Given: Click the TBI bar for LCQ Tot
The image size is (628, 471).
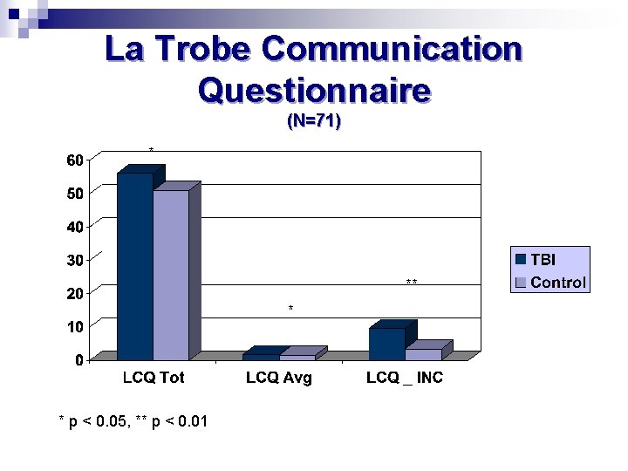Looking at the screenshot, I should point(134,266).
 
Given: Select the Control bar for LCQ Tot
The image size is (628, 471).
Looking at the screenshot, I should point(171,275).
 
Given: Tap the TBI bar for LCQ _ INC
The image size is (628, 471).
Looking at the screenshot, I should point(386,344).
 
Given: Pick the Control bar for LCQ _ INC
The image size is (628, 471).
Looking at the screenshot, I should point(423,354).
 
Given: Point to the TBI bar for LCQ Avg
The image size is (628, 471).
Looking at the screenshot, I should point(261,357).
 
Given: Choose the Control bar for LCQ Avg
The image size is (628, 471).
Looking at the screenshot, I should point(297,357).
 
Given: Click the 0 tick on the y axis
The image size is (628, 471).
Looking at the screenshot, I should point(79,359).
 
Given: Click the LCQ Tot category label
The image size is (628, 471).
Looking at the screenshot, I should point(153,378).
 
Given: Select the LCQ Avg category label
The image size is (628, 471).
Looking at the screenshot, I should point(279,378).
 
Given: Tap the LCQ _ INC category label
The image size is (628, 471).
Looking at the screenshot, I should point(405,378).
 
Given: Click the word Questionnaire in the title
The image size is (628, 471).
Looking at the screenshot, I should point(314,89).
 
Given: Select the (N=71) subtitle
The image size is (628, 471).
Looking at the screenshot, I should point(314,122).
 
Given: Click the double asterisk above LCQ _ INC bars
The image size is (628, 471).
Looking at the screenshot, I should point(412,283).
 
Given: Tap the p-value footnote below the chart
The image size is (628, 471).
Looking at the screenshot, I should point(133,422).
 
